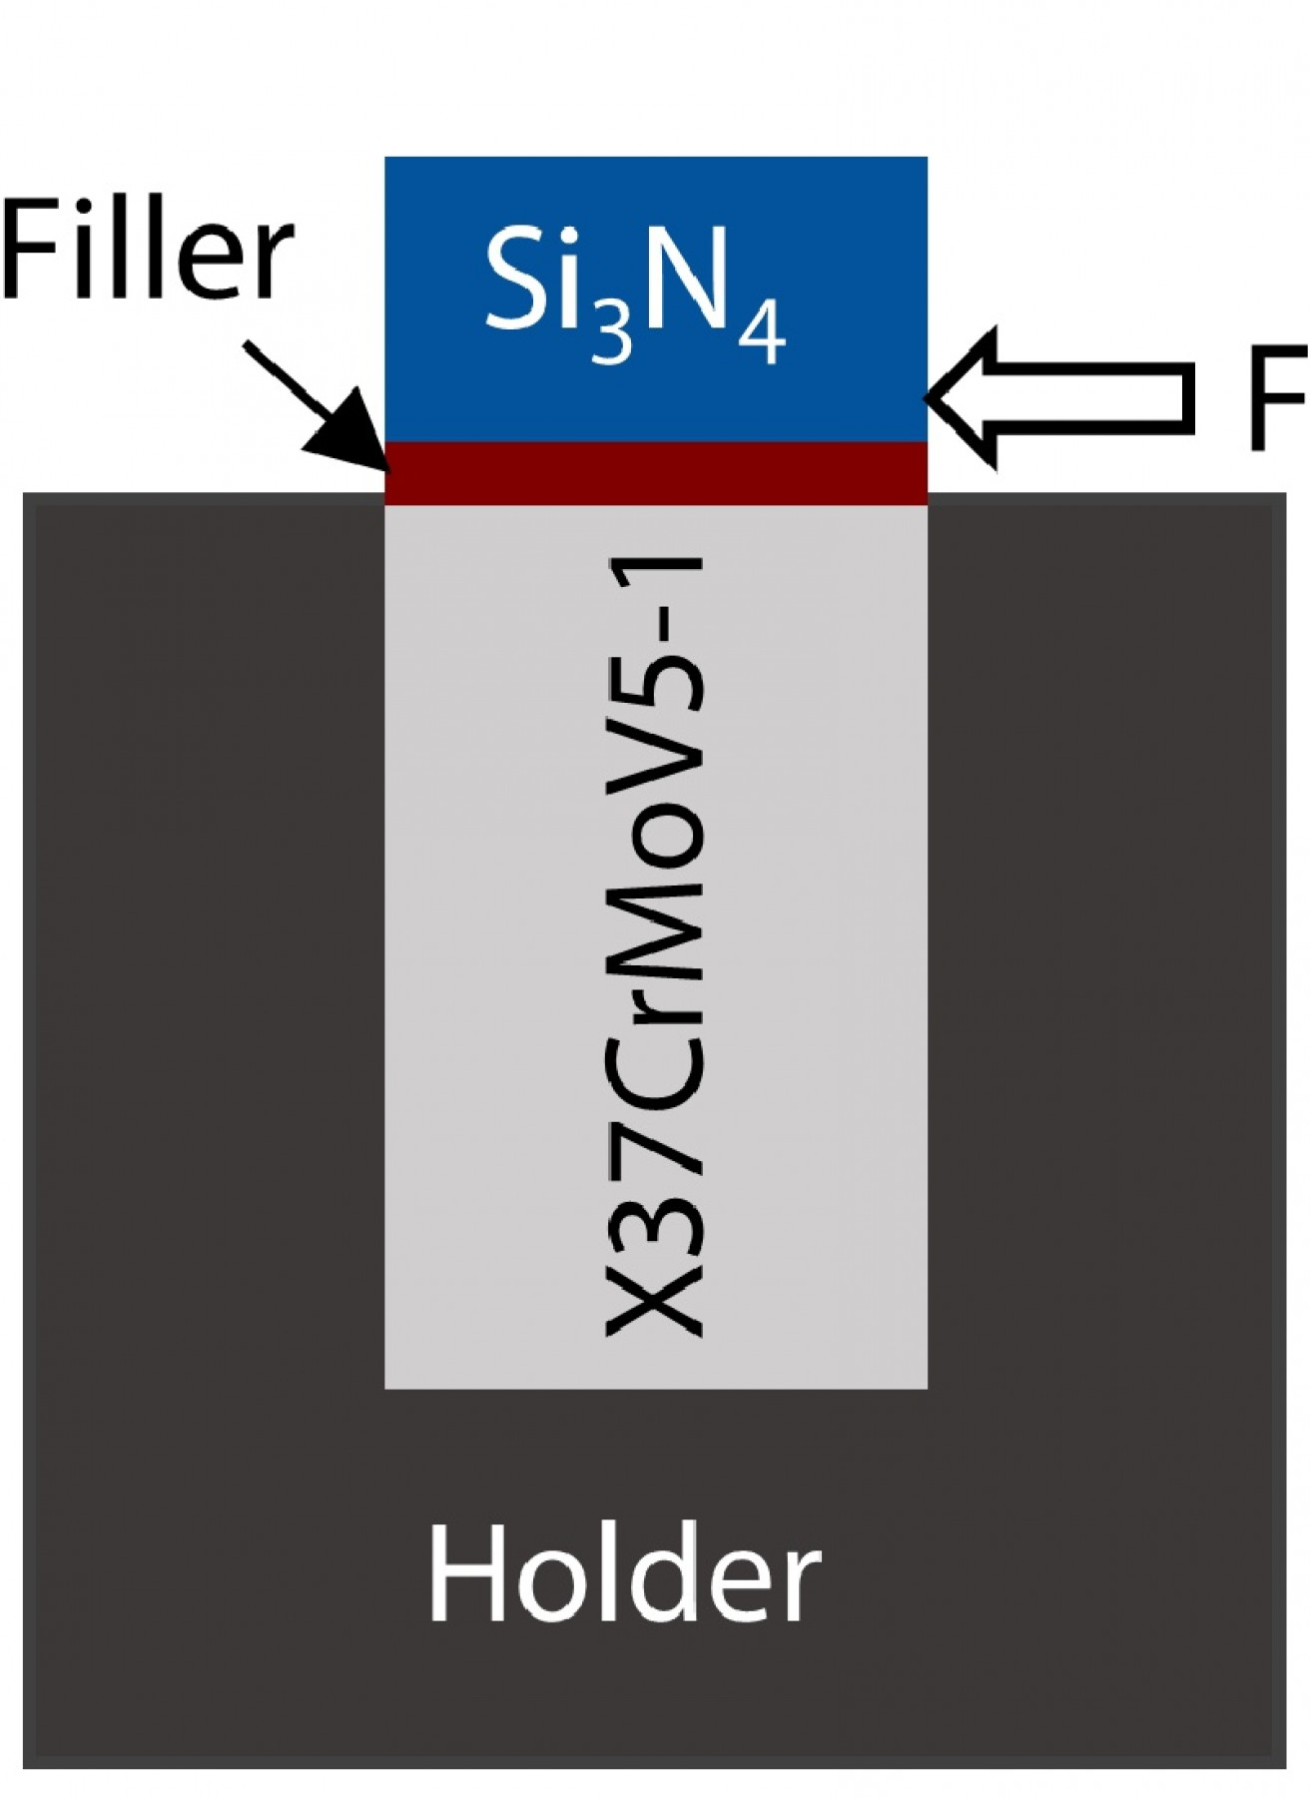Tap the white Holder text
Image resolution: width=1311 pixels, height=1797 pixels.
pyautogui.click(x=624, y=1577)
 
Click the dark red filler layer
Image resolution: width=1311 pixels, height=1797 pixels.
pyautogui.click(x=656, y=473)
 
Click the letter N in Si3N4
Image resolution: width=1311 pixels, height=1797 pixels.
pyautogui.click(x=689, y=285)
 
